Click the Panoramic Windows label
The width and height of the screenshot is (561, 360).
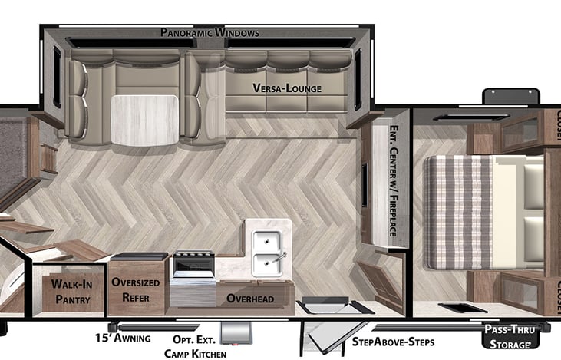[x=210, y=33]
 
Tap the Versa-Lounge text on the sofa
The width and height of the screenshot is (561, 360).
[x=287, y=88]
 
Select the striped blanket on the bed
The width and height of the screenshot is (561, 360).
[x=463, y=211]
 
